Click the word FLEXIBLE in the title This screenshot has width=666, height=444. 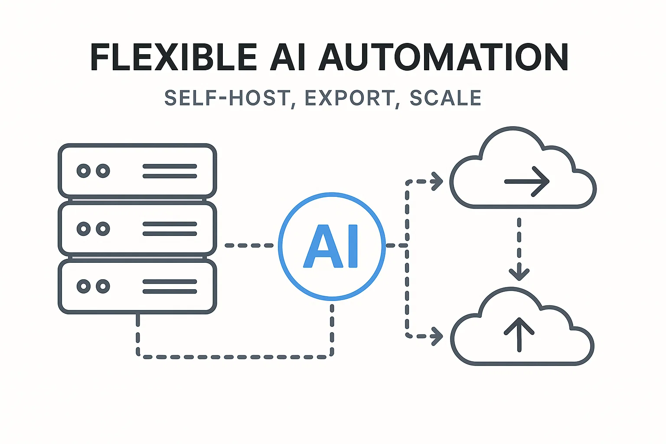[173, 57]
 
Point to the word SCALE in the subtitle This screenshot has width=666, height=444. [445, 98]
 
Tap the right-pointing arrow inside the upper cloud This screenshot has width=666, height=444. [527, 182]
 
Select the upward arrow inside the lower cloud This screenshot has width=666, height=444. [519, 334]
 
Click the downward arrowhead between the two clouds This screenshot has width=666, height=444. [519, 274]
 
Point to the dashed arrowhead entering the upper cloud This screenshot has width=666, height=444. [437, 181]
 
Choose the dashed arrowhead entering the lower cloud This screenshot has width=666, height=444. [437, 336]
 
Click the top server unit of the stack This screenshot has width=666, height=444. [137, 171]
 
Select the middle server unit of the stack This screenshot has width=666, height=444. [137, 229]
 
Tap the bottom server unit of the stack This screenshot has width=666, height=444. [137, 286]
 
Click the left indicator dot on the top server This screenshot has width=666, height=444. [84, 171]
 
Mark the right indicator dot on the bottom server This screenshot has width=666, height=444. [103, 286]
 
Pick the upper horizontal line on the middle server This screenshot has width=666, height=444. [170, 224]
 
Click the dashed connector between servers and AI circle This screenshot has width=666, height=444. [249, 245]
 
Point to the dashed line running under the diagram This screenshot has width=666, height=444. [234, 357]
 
